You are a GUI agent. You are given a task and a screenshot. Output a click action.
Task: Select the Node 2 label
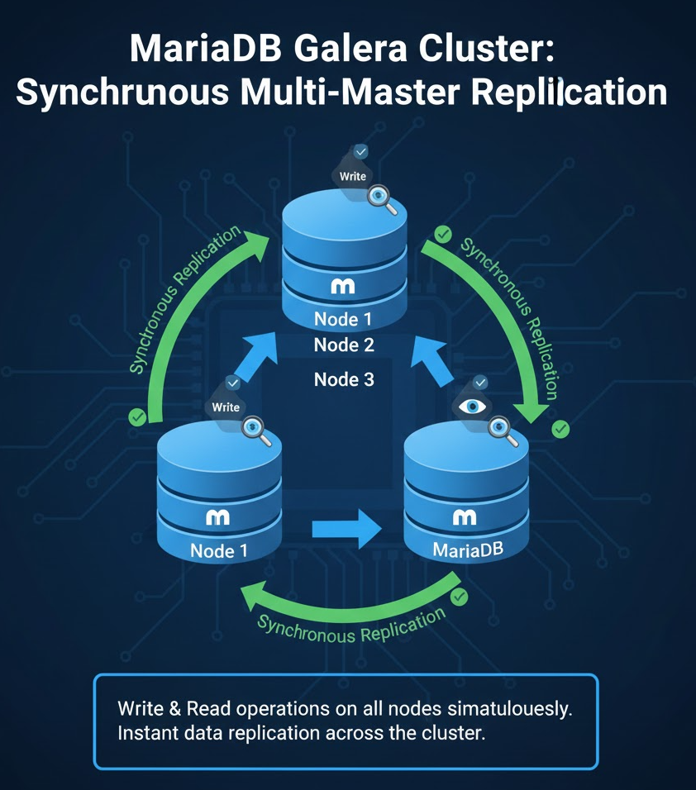[344, 345]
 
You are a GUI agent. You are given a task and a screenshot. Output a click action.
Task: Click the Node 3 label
[344, 379]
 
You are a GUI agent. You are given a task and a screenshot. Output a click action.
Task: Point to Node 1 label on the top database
[344, 319]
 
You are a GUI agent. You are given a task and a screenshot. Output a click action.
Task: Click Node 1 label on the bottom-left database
[219, 550]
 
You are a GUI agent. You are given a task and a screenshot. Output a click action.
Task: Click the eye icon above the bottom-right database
[473, 406]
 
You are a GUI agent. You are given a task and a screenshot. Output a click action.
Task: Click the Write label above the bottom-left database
[226, 407]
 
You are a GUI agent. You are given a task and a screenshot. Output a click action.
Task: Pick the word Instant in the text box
[145, 733]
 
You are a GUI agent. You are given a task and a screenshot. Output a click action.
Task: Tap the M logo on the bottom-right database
[465, 517]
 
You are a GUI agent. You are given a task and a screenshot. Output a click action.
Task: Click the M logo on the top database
[342, 287]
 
